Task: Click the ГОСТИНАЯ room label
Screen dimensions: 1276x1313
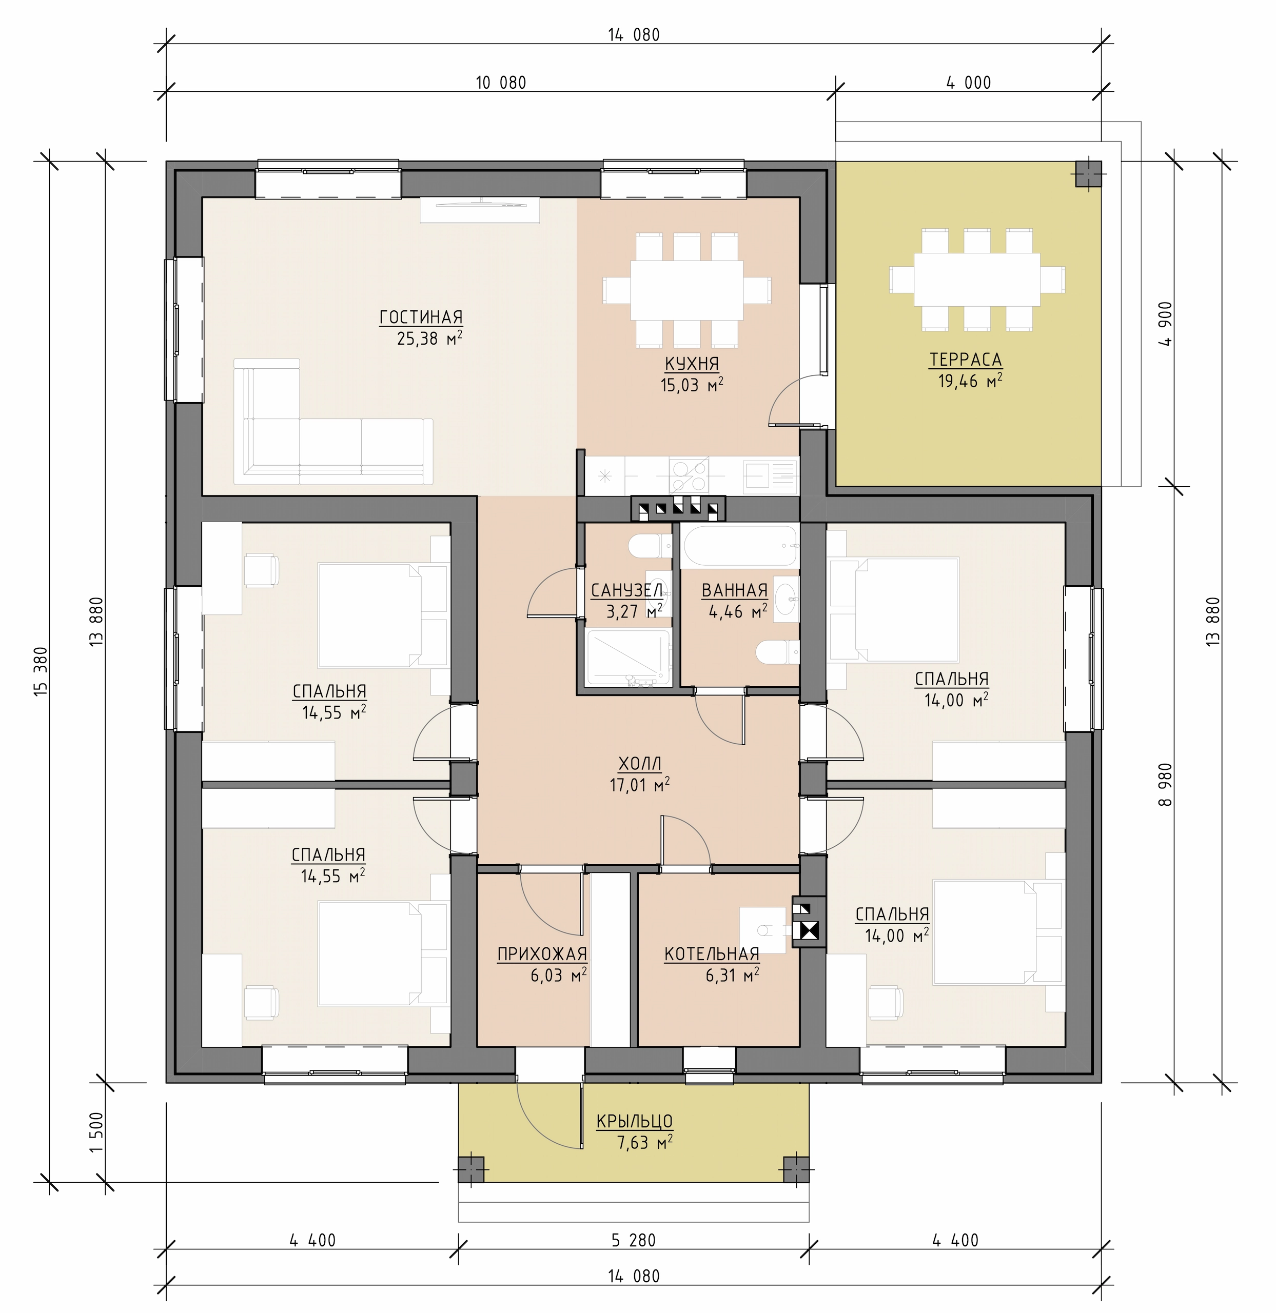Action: click(x=421, y=317)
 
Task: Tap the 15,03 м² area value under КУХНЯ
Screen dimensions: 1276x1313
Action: click(x=692, y=385)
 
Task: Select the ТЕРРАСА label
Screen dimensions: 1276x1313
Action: click(x=965, y=360)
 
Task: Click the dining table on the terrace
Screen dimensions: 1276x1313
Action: click(x=977, y=280)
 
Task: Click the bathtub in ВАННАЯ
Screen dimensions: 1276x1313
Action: click(x=740, y=546)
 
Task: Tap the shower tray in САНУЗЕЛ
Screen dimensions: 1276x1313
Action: click(x=628, y=658)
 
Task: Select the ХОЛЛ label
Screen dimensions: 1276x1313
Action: click(x=639, y=764)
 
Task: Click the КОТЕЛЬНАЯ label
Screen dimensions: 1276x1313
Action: click(x=712, y=954)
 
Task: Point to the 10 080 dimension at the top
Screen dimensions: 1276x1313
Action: click(x=501, y=83)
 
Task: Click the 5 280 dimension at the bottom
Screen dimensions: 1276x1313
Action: click(x=633, y=1240)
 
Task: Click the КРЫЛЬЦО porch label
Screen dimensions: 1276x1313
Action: click(x=635, y=1121)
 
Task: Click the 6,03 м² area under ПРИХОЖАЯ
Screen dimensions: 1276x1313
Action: click(x=558, y=974)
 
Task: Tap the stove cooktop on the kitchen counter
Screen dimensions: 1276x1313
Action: click(x=689, y=475)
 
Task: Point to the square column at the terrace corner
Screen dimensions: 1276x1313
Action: click(x=1088, y=174)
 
